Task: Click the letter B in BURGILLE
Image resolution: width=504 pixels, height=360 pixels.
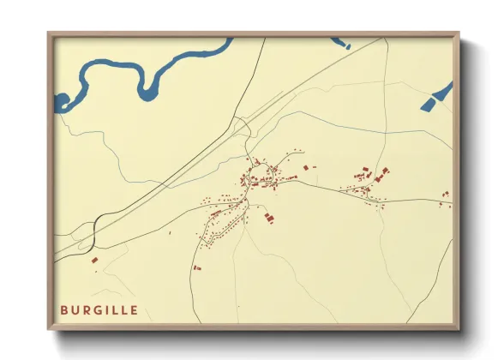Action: click(x=64, y=309)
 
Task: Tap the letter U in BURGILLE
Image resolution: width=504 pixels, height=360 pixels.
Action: click(x=75, y=309)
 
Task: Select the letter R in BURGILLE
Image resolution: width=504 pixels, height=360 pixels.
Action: click(x=87, y=309)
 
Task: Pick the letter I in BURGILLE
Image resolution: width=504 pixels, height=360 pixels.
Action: click(x=108, y=309)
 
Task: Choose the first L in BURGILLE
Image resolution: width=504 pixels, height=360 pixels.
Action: click(x=116, y=309)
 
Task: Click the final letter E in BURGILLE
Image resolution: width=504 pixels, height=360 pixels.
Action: click(x=135, y=309)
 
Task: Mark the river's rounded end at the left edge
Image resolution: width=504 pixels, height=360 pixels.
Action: click(x=60, y=102)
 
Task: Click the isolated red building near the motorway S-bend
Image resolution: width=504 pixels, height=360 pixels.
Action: click(x=95, y=257)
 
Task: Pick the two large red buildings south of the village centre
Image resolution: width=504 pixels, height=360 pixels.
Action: click(x=268, y=218)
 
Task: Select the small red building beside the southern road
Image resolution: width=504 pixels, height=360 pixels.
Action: click(x=197, y=267)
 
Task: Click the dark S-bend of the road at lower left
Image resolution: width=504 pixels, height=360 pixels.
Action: click(x=95, y=225)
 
